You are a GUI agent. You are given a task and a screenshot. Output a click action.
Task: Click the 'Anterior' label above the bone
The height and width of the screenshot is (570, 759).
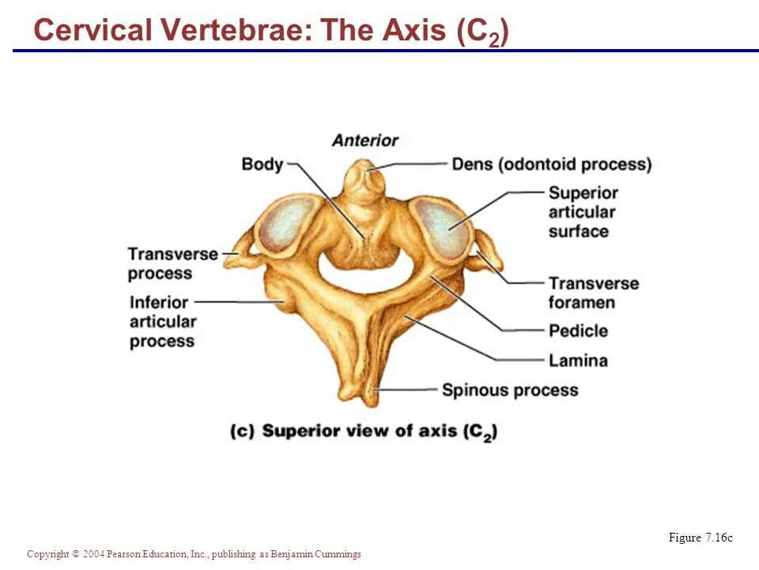pos(364,141)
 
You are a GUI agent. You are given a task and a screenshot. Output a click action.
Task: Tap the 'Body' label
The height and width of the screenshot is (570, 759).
pos(262,165)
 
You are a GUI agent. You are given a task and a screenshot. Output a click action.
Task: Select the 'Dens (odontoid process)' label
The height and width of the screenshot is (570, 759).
pos(551,165)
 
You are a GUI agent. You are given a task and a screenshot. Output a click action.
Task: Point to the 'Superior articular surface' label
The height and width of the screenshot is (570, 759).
pos(583,212)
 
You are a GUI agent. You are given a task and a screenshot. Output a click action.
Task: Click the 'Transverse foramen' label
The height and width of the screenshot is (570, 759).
pos(593,293)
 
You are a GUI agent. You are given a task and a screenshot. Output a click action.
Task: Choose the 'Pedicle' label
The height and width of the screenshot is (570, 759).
pos(578,331)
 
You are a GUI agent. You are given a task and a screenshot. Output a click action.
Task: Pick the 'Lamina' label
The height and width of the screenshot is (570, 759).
pos(578,361)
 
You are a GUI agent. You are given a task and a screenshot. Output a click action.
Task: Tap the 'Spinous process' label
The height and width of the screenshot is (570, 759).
pos(509,390)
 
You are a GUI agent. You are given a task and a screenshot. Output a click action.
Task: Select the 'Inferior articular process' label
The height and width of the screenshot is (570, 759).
pos(161,321)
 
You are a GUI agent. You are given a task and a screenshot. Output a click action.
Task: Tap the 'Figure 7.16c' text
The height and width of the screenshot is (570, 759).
pos(700,538)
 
